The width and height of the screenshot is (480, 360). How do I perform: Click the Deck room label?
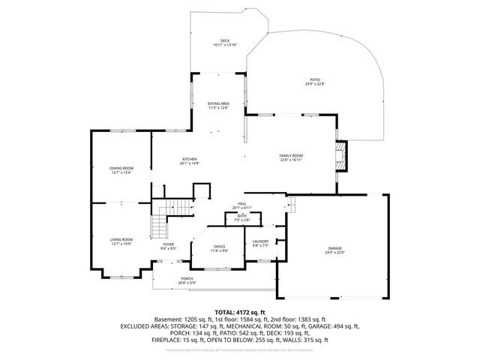click(x=225, y=40)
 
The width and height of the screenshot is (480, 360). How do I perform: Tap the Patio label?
click(x=316, y=79)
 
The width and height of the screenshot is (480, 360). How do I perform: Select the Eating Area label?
click(x=218, y=103)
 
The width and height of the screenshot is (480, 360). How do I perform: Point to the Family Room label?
click(x=291, y=154)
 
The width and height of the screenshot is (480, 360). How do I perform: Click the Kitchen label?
click(x=190, y=159)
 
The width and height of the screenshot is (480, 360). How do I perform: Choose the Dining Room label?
click(x=121, y=168)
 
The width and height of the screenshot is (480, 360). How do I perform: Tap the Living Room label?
click(x=121, y=239)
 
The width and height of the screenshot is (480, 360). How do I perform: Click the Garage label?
click(x=334, y=248)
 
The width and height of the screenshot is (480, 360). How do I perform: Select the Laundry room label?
click(x=261, y=241)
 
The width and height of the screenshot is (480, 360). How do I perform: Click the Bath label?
click(x=242, y=216)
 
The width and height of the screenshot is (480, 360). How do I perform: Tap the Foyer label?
click(x=169, y=244)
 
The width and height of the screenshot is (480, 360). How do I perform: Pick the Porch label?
click(x=187, y=278)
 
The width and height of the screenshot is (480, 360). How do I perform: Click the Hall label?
click(x=242, y=203)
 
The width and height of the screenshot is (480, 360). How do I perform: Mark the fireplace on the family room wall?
click(x=342, y=155)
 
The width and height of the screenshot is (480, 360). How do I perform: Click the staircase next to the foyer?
click(x=158, y=223)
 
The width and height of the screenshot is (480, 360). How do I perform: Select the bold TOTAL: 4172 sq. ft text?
click(x=240, y=312)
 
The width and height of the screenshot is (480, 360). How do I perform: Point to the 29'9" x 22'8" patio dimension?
click(x=316, y=84)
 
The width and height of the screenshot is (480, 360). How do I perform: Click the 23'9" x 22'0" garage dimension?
click(x=334, y=253)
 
